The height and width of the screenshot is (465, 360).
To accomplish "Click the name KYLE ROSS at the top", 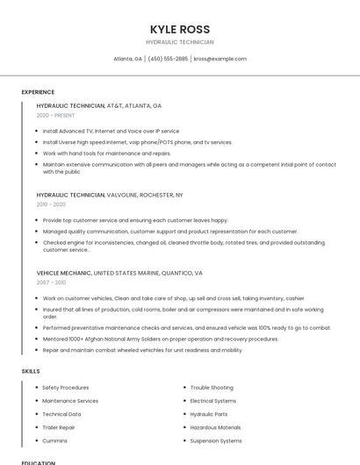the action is click(x=179, y=29).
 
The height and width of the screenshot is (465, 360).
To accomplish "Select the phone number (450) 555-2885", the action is click(x=168, y=59).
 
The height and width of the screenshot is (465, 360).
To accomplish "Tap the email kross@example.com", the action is click(x=220, y=59).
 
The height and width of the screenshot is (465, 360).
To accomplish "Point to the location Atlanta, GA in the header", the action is click(x=128, y=59).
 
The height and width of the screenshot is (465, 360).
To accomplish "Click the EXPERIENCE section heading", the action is click(x=38, y=92).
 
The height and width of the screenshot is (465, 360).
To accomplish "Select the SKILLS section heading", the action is click(x=31, y=371).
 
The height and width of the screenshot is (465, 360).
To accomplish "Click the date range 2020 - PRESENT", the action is click(x=56, y=115).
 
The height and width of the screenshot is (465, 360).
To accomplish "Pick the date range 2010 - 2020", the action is click(x=51, y=204).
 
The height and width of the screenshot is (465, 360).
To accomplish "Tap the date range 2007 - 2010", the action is click(x=51, y=283).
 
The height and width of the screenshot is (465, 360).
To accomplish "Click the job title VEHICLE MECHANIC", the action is click(x=63, y=273).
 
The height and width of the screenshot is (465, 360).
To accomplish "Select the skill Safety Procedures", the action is click(x=65, y=387).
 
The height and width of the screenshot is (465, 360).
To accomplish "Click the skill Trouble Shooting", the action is click(x=212, y=387).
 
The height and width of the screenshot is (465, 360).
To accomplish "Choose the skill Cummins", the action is click(x=55, y=440).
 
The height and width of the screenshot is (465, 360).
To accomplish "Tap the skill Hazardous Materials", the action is click(x=216, y=427).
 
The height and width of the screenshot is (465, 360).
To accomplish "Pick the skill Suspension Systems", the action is click(x=216, y=440).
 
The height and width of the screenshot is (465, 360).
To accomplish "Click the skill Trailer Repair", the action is click(x=59, y=427).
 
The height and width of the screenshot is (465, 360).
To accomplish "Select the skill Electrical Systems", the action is click(x=213, y=401).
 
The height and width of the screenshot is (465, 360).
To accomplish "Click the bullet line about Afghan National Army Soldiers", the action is click(x=161, y=339).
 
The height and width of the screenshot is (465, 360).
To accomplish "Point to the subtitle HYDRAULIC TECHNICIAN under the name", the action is click(x=179, y=42).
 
